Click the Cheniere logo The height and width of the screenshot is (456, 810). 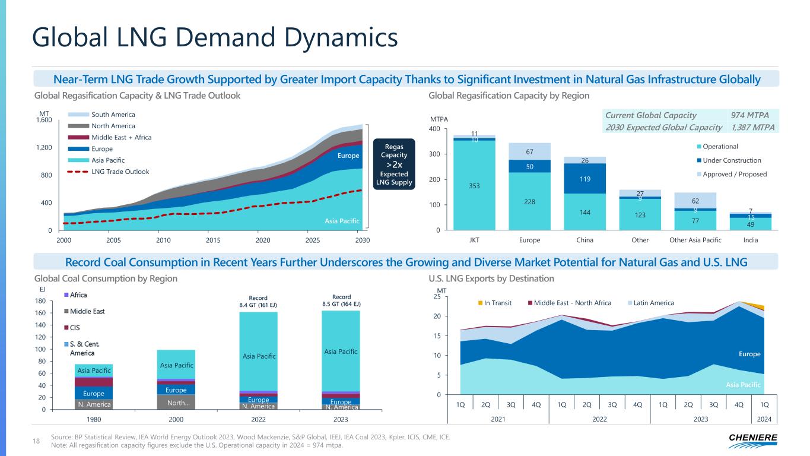click(752, 439)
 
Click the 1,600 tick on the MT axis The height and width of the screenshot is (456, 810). click(45, 120)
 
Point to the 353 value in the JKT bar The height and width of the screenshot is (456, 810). click(474, 186)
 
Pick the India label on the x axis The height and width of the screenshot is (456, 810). click(751, 240)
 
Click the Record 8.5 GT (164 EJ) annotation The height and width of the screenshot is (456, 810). click(341, 300)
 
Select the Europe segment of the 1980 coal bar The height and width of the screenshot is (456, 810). click(94, 394)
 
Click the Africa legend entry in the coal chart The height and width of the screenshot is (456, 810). click(78, 295)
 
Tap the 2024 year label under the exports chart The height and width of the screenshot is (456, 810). click(765, 419)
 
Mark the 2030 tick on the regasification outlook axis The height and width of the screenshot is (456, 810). click(362, 240)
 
